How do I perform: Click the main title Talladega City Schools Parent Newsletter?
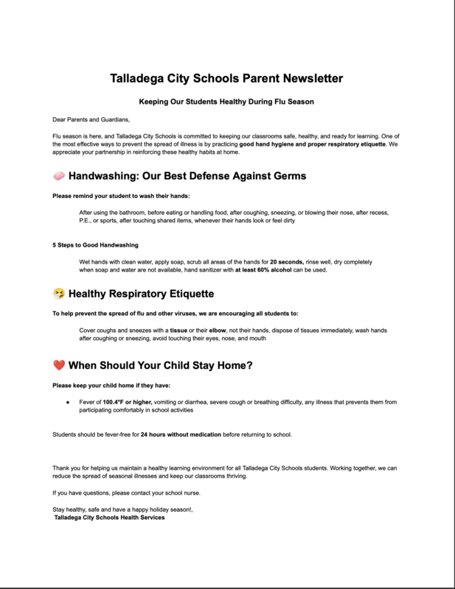click(227, 77)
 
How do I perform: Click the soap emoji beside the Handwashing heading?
click(59, 177)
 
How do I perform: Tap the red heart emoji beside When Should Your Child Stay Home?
click(59, 364)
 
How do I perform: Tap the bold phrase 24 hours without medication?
click(181, 434)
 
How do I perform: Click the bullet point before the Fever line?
click(67, 401)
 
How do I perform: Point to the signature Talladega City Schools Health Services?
click(110, 518)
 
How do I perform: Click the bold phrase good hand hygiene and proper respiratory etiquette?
click(317, 144)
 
